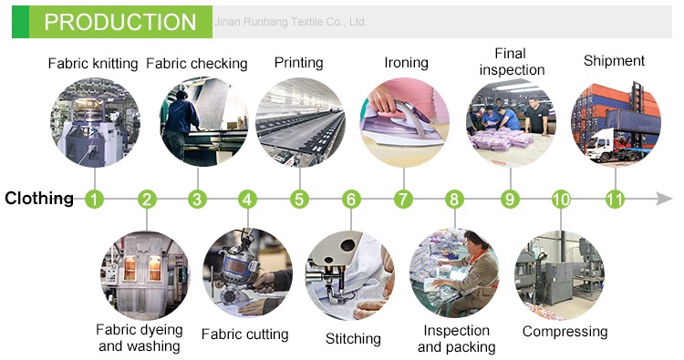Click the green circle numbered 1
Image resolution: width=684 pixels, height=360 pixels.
94,200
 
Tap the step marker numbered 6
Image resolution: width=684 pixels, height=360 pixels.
351,200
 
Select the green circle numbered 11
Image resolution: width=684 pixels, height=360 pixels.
615,200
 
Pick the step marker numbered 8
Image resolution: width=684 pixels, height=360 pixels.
454,200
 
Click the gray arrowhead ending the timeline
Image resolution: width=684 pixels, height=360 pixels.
664,199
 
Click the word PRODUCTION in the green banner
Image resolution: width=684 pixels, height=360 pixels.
120,22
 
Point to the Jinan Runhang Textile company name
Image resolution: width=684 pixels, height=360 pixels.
290,21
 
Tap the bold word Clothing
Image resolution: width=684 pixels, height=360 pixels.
39,199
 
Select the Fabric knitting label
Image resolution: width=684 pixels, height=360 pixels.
93,64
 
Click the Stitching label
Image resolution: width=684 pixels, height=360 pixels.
353,339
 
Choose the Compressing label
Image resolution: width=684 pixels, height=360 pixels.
565,332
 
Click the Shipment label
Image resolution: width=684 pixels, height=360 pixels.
614,61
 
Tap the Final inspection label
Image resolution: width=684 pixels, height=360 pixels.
512,61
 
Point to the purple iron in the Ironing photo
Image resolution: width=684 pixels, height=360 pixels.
402,123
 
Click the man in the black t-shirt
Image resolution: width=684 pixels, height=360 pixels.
536,116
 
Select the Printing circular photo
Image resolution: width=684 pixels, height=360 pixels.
300,122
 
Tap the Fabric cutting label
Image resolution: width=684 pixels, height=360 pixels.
245,334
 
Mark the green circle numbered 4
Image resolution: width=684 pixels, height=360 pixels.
247,200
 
